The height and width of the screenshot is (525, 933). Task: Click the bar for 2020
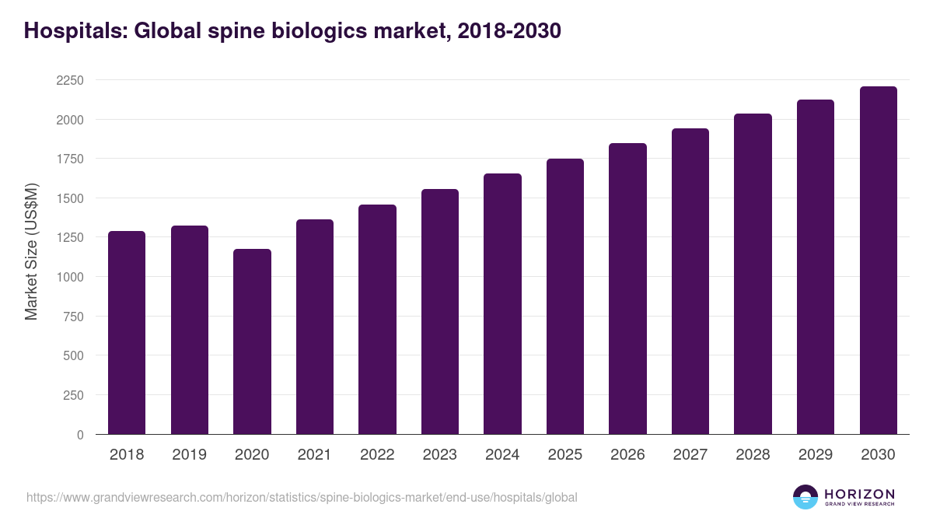pyautogui.click(x=252, y=341)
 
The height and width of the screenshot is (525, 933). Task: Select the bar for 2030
pyautogui.click(x=878, y=261)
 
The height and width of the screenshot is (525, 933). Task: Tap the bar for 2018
pyautogui.click(x=127, y=333)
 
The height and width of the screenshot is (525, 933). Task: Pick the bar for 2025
pyautogui.click(x=565, y=296)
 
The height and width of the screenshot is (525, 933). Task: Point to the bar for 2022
pyautogui.click(x=377, y=320)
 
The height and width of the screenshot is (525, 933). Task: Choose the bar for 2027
pyautogui.click(x=690, y=282)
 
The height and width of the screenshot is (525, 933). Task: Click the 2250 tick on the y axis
pyautogui.click(x=70, y=80)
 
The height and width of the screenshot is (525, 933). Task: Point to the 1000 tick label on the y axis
pyautogui.click(x=70, y=277)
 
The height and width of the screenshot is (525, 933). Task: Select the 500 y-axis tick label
pyautogui.click(x=73, y=355)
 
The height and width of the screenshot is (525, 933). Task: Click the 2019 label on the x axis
pyautogui.click(x=190, y=455)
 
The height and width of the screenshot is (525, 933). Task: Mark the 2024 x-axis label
pyautogui.click(x=502, y=455)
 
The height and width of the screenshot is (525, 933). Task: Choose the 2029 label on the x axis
pyautogui.click(x=816, y=455)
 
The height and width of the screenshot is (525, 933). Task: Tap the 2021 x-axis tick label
pyautogui.click(x=315, y=455)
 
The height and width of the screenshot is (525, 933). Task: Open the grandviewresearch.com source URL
pyautogui.click(x=302, y=497)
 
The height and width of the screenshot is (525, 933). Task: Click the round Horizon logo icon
pyautogui.click(x=805, y=497)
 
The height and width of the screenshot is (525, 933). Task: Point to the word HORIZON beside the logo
pyautogui.click(x=859, y=494)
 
